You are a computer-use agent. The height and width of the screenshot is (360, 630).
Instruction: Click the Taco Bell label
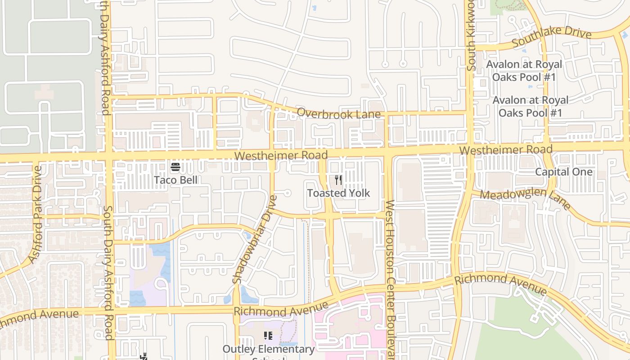coord(175,180)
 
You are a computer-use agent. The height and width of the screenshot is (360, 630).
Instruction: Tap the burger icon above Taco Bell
coord(175,167)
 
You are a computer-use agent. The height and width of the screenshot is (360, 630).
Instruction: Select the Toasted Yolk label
coord(338,193)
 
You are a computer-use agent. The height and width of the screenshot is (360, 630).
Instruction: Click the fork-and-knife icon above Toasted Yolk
coord(338,180)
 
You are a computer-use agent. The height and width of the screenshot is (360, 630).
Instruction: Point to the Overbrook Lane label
coord(339,113)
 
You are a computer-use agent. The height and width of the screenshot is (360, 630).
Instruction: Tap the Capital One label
coord(563,172)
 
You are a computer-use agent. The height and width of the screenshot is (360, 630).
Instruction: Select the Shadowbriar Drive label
coord(255,239)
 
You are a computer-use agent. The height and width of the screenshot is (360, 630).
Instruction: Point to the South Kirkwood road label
coord(471,36)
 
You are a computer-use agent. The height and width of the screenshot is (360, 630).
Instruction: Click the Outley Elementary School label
coord(269,349)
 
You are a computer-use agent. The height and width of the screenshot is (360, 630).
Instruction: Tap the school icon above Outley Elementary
coord(268,336)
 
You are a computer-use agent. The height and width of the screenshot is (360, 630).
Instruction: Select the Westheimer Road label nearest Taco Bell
coord(281,156)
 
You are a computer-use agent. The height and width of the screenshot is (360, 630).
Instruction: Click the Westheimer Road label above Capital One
coord(506,149)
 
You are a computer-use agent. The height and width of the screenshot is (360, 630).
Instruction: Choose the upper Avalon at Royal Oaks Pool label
coord(524,71)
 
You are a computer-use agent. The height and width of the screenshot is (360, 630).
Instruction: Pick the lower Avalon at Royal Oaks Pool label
coord(530,106)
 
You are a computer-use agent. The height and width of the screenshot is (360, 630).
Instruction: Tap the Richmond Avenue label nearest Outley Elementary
coord(281,310)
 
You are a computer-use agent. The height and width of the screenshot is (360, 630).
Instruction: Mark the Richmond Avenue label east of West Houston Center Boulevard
coord(500,284)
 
